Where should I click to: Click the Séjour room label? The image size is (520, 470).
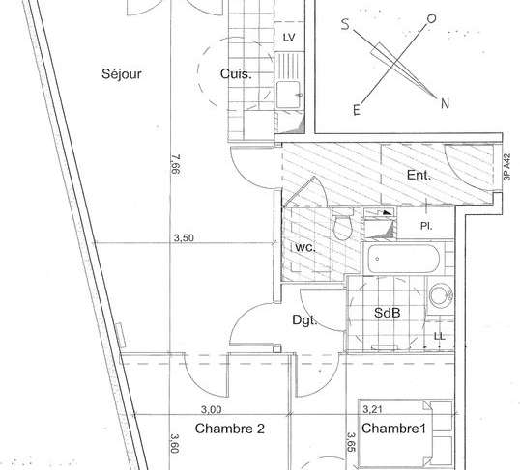122,74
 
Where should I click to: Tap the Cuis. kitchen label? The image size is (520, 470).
236,73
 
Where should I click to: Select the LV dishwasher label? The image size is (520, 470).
289,38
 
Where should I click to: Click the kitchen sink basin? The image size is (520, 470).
290,95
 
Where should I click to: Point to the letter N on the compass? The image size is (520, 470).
445,103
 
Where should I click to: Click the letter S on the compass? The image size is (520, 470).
345,24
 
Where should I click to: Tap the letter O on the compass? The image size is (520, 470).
431,19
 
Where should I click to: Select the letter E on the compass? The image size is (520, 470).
357,110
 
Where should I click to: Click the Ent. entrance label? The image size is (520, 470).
419,175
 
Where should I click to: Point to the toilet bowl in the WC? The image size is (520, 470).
342,225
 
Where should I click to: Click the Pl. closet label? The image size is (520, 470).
426,226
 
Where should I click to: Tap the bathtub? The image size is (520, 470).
403,258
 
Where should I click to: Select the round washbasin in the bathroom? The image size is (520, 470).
441,294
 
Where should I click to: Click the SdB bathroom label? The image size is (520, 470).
387,313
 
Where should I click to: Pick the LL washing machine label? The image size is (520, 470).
440,336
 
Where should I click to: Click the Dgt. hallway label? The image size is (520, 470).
304,320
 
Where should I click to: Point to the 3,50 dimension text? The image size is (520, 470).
184,237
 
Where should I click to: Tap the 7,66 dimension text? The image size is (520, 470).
176,164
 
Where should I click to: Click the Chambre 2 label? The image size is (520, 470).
230,429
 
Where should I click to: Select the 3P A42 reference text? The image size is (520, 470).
506,167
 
